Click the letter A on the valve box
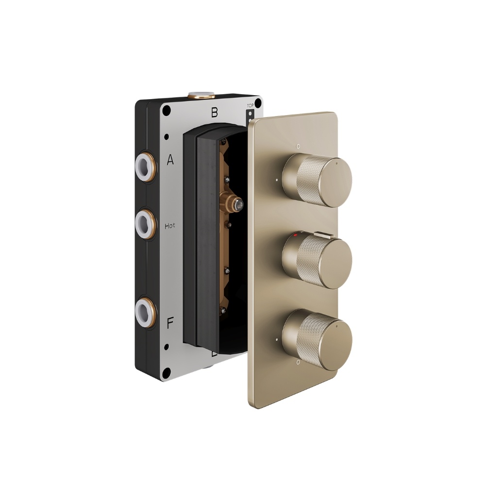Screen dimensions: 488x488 pos(170,160)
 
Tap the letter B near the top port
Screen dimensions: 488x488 pos(214,113)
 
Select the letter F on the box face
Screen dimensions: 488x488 pos(170,324)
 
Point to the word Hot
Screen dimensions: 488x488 pos(170,226)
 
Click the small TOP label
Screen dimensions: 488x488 pos(251,105)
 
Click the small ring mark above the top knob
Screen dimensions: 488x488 pos(299,146)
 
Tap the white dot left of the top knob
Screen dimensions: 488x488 pos(276,179)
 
